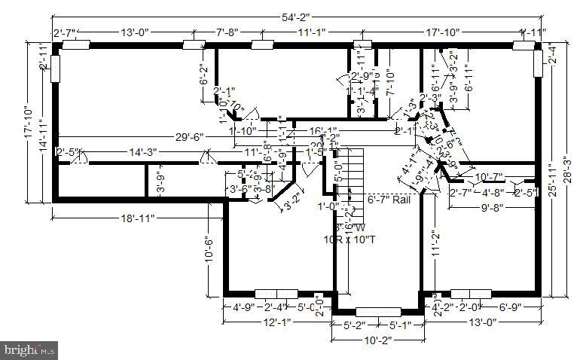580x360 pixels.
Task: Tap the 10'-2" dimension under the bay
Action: coord(377,340)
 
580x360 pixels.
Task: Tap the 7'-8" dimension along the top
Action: coord(227,32)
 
